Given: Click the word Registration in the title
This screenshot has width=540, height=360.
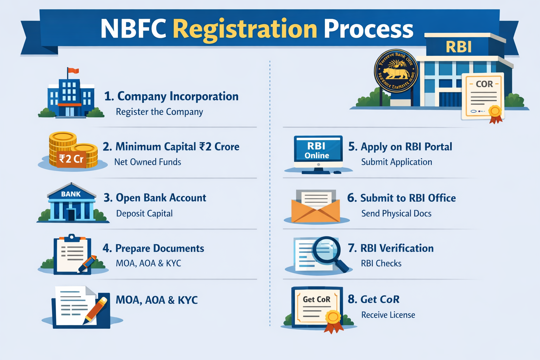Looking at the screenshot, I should [245, 29].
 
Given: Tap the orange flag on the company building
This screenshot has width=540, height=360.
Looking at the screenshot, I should [73, 71].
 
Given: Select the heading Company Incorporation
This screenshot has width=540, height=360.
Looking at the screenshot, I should [178, 96].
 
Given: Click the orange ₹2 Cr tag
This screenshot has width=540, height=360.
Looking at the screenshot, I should [71, 159].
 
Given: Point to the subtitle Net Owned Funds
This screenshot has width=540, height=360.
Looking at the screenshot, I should [148, 162].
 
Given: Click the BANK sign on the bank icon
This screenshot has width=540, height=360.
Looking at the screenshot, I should [71, 194].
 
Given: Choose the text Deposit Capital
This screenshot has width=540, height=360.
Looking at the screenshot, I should [144, 213].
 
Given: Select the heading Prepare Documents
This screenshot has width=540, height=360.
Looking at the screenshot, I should [159, 248].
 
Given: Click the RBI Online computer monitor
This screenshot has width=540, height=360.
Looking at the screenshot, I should [318, 152].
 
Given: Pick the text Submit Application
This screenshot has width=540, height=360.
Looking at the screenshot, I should [397, 162].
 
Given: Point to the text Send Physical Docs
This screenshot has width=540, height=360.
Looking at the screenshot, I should [396, 213].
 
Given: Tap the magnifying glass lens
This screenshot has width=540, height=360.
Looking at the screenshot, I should [327, 250].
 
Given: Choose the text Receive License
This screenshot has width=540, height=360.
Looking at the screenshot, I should [388, 315].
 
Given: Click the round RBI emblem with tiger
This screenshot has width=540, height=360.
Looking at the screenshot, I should [396, 71].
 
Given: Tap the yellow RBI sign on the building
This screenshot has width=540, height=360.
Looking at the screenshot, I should [458, 47].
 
